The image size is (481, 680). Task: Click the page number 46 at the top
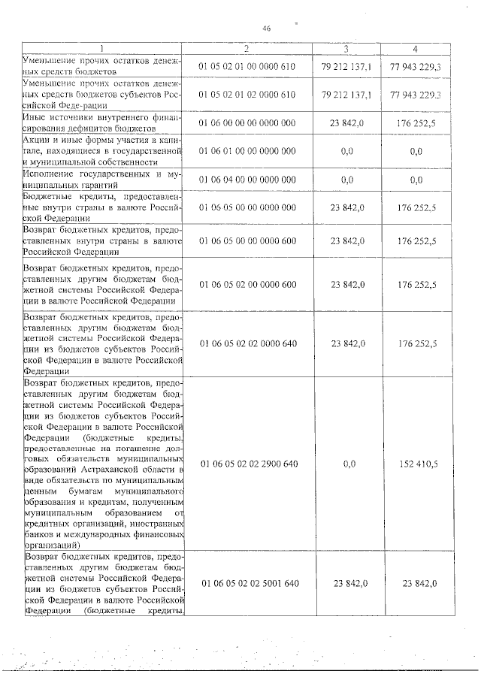(266, 29)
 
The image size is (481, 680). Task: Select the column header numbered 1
(103, 49)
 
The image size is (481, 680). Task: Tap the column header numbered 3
(345, 49)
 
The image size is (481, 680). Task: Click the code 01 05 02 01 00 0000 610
(247, 67)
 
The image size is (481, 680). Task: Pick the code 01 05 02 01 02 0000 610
(247, 95)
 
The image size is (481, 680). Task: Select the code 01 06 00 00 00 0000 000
(247, 122)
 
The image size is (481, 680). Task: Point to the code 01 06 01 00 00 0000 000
(247, 151)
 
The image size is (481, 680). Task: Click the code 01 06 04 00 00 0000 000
(247, 180)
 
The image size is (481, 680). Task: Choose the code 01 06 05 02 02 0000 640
(247, 343)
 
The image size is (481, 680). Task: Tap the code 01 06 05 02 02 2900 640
(247, 464)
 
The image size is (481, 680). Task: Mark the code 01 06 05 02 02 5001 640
(247, 583)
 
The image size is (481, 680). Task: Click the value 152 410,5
(417, 464)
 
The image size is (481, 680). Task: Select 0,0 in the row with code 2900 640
(347, 464)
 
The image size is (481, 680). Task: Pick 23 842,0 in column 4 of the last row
(419, 583)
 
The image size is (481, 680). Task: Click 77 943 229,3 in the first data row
(416, 67)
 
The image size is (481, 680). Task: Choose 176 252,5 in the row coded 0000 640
(417, 343)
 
